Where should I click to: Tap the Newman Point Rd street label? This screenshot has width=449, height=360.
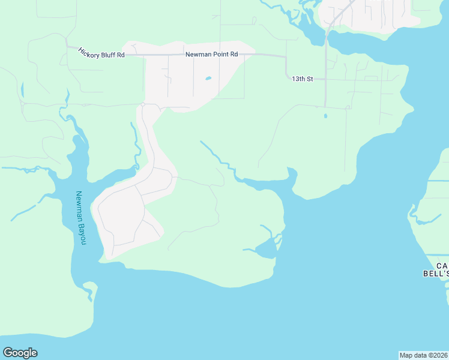click(211, 55)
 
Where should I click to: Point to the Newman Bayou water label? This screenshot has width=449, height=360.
click(80, 218)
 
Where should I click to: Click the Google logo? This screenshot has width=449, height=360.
click(20, 353)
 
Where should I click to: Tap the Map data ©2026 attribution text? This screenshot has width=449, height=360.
click(424, 355)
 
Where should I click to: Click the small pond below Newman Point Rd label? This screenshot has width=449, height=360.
click(208, 78)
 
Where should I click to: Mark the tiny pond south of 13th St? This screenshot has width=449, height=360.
click(325, 116)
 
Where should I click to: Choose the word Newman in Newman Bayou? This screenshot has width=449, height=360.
click(79, 206)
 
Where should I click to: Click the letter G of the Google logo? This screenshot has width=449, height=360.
click(8, 353)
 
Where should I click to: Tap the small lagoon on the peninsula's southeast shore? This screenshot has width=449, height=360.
click(265, 249)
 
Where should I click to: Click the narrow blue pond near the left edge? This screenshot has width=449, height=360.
click(22, 91)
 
